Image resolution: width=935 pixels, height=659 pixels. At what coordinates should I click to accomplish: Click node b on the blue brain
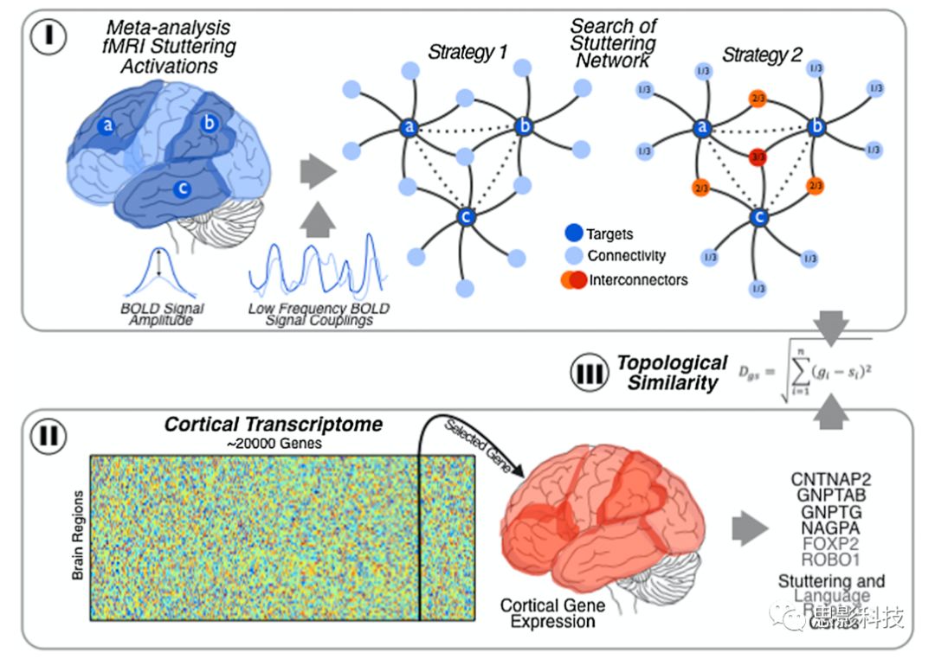[209, 123]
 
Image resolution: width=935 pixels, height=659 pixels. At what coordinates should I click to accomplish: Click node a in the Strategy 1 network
[409, 127]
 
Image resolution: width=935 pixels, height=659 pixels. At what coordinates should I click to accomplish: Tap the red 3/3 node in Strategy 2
[758, 157]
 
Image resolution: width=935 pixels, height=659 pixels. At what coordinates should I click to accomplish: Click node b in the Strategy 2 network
[816, 127]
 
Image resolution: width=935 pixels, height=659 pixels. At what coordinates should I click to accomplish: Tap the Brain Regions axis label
[78, 536]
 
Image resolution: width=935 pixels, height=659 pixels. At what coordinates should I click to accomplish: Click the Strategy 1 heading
[467, 54]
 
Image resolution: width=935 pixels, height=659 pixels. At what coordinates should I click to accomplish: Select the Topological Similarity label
[672, 373]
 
